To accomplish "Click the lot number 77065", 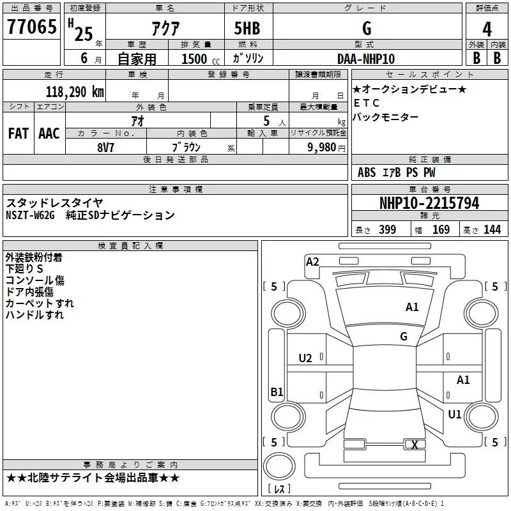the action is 31,27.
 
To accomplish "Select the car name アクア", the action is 165,28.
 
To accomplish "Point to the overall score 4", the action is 487,29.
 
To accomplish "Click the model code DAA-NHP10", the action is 366,58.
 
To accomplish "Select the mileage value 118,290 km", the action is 75,91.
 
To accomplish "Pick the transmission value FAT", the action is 19,133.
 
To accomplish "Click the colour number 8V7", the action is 106,146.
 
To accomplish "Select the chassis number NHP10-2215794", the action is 429,203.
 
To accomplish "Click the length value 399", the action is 387,230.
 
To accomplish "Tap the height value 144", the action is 492,230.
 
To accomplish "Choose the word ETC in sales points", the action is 366,103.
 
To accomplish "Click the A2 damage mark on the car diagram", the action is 312,261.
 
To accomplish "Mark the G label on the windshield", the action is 403,336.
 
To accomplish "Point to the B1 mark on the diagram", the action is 277,392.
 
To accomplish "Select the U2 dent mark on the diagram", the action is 305,358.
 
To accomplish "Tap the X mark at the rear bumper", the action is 415,445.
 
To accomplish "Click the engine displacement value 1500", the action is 194,59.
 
